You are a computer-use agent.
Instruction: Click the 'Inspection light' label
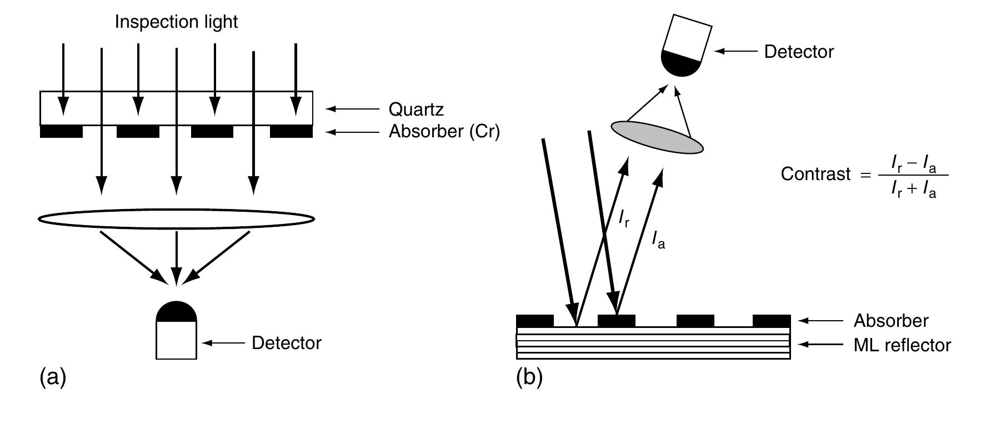point(176,22)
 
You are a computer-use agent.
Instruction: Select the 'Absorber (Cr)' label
point(444,132)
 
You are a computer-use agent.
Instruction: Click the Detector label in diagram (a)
point(286,343)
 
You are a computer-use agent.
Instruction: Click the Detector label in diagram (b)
point(798,52)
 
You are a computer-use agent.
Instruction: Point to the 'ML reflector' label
point(902,345)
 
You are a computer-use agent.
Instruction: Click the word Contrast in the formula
point(815,174)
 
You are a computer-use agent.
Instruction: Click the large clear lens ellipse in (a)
point(176,220)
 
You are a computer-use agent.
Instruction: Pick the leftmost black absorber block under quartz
point(62,132)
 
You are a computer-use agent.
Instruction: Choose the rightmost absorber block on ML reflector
point(771,321)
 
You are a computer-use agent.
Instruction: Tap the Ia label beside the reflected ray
point(658,241)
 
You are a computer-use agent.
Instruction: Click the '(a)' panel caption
point(53,377)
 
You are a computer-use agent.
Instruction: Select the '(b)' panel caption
point(529,377)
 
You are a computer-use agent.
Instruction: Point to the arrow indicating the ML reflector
point(820,345)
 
